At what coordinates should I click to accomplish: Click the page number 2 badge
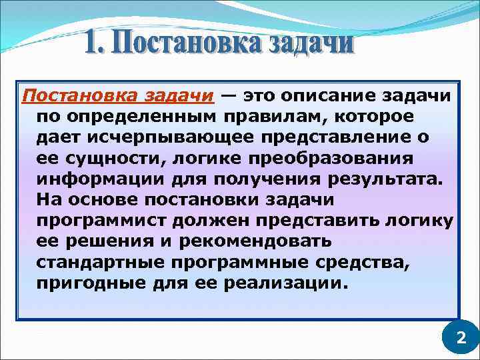(460, 338)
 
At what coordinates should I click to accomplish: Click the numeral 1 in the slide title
(95, 45)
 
